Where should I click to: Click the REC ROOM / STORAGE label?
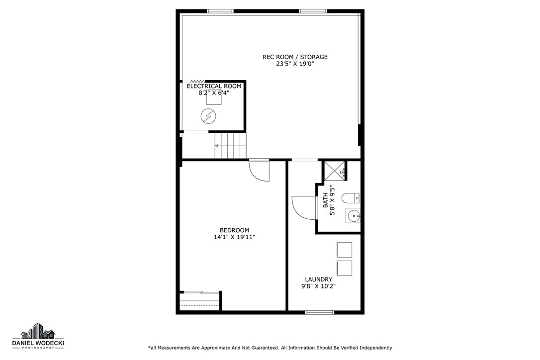295,57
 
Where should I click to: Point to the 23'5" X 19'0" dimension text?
295,64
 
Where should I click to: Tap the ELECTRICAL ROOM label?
214,86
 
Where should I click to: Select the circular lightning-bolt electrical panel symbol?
208,116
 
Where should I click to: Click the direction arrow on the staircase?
217,146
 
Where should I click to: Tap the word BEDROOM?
234,230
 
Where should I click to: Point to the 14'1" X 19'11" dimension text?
234,237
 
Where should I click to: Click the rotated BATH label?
326,200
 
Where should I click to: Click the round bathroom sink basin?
354,215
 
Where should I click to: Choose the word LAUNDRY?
318,279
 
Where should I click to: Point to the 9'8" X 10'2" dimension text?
318,286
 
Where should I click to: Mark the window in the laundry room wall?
319,312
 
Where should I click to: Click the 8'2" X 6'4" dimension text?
214,92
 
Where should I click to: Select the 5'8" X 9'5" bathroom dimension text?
333,200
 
